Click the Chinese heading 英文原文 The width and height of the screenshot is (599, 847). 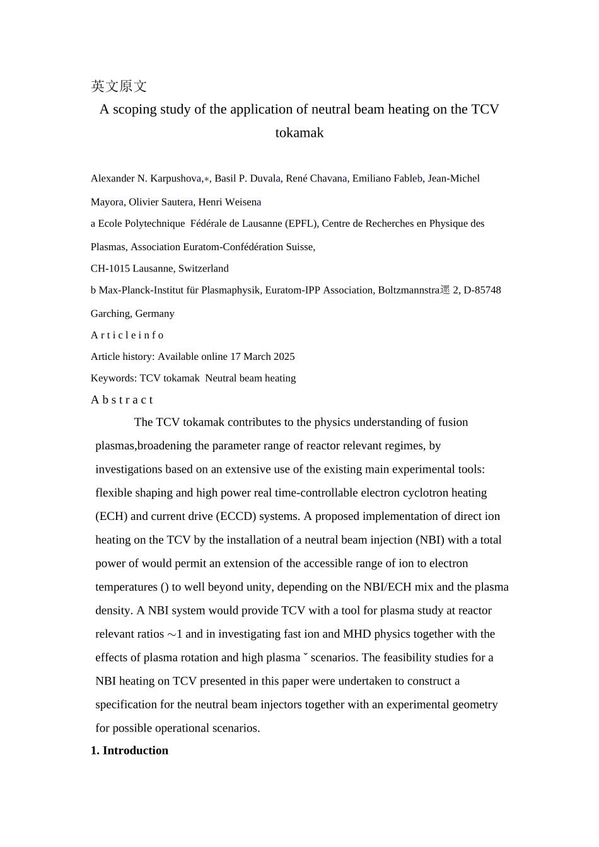point(119,86)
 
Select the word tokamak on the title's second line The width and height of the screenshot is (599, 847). point(299,133)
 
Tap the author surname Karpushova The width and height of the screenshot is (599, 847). point(175,178)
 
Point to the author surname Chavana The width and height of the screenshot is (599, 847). point(328,178)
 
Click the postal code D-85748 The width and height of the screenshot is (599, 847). point(482,291)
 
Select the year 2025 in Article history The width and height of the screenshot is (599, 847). point(284,357)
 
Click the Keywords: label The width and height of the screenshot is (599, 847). point(113,379)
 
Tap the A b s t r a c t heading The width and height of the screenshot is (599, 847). point(122,400)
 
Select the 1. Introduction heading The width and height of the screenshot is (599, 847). point(129,751)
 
